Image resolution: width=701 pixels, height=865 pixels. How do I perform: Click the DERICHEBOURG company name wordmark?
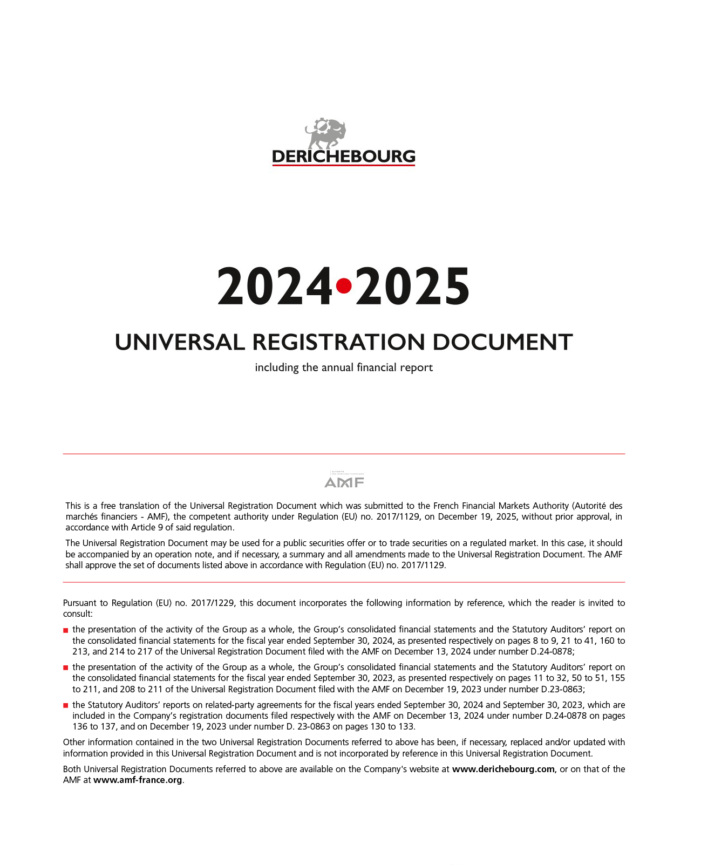tap(344, 156)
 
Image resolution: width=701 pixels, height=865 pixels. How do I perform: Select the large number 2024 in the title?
tap(275, 287)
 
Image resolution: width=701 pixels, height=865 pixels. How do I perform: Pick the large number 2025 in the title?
tap(413, 287)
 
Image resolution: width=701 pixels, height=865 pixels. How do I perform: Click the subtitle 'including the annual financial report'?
tap(344, 367)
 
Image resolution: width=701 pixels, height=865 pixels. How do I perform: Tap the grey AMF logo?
tap(344, 480)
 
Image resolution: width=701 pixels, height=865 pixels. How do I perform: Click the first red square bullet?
tap(66, 630)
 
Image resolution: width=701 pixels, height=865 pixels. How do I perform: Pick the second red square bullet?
tap(66, 668)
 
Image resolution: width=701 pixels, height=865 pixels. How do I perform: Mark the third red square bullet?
tap(66, 705)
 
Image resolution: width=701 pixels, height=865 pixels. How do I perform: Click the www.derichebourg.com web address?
tap(503, 769)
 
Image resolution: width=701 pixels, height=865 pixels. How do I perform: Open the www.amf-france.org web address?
tap(138, 780)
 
